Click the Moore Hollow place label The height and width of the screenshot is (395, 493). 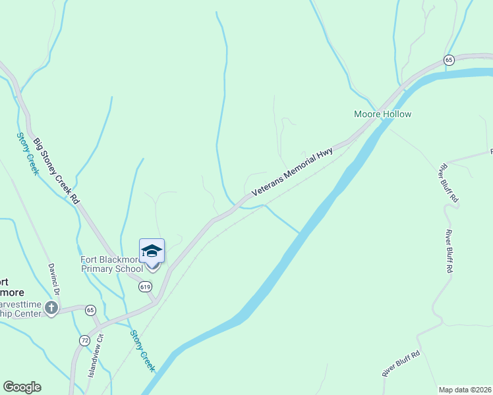click(382, 115)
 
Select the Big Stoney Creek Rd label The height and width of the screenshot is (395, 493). click(57, 170)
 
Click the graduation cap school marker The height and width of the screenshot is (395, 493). click(152, 251)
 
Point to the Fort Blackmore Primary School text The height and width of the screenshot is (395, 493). click(111, 264)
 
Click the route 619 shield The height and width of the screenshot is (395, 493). click(146, 286)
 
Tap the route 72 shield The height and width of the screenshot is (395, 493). click(84, 340)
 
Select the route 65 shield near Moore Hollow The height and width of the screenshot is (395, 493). click(449, 60)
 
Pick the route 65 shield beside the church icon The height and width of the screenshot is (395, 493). click(90, 309)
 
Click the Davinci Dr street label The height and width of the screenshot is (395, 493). click(53, 280)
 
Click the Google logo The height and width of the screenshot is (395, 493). click(22, 387)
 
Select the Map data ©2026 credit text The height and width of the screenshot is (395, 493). click(465, 390)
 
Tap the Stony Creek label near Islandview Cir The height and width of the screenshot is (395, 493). click(141, 351)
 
